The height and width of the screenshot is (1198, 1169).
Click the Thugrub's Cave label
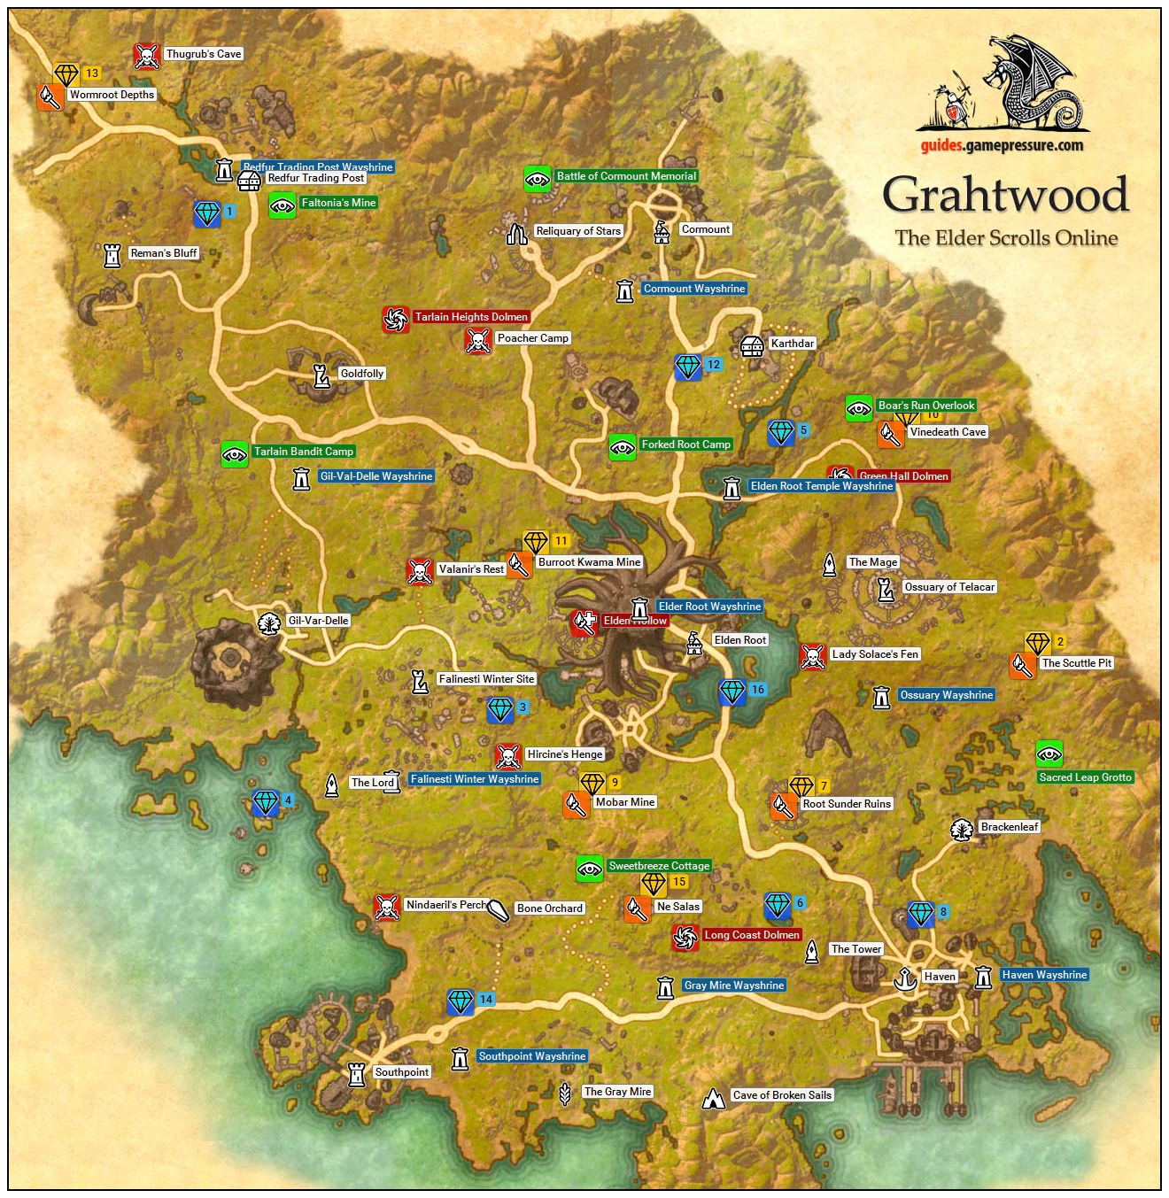tap(203, 54)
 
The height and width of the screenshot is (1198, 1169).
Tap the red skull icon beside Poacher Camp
tap(478, 340)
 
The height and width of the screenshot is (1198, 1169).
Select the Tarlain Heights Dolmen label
tap(471, 317)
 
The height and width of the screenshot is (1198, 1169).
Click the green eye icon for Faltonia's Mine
tap(283, 205)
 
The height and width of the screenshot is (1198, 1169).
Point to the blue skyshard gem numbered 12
tap(688, 367)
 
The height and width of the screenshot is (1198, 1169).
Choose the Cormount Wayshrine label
tap(694, 289)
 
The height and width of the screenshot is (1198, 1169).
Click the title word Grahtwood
tap(1005, 195)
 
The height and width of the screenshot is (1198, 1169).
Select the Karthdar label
tap(792, 344)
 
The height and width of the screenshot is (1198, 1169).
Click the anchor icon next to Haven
tap(904, 978)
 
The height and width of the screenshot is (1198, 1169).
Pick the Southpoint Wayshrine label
tap(531, 1056)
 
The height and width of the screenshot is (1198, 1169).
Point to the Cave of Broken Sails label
tap(782, 1095)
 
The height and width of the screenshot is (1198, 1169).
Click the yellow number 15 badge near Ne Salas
tap(679, 882)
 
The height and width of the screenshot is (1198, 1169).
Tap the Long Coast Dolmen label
tap(752, 935)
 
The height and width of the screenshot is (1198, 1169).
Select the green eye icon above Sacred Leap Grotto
tap(1049, 754)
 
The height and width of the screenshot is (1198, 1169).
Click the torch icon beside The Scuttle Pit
tap(1023, 665)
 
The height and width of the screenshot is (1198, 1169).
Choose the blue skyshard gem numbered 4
tap(266, 803)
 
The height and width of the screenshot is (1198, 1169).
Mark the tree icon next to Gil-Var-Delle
tap(269, 622)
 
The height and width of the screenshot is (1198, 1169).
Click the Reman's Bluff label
tap(164, 253)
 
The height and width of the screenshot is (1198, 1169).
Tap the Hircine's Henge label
tap(564, 754)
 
